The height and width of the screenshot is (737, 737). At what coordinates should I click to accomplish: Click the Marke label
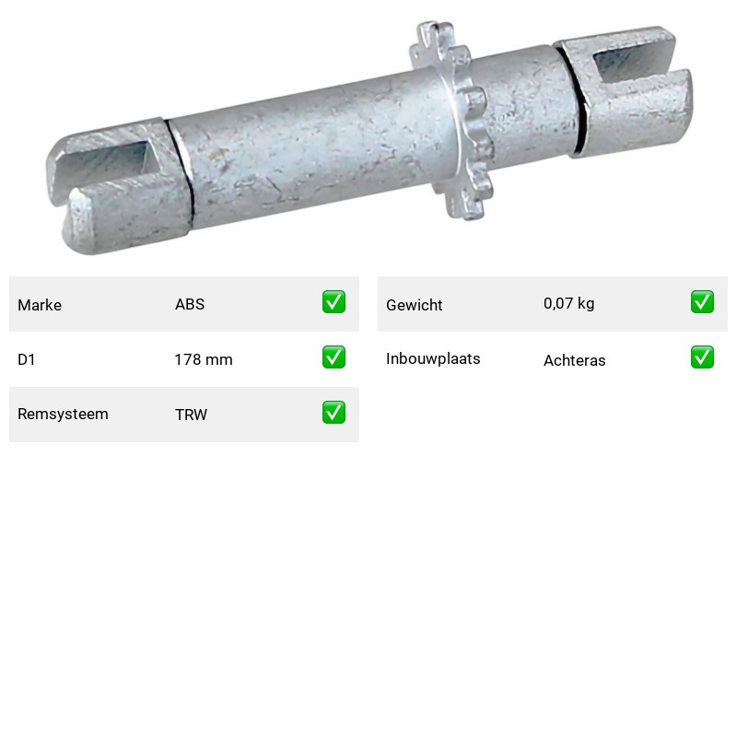click(40, 305)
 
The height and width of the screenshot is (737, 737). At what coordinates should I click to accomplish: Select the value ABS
click(190, 304)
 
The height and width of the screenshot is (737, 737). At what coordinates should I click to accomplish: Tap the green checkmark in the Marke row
click(333, 302)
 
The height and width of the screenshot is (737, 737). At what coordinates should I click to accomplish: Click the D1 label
click(27, 359)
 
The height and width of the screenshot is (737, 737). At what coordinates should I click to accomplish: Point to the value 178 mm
click(204, 359)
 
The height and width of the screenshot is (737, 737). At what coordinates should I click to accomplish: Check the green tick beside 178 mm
click(333, 357)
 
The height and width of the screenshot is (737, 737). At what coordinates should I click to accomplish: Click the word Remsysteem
click(63, 414)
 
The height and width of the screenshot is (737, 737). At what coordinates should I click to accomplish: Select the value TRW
click(192, 415)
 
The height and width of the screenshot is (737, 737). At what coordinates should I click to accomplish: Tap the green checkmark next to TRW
click(333, 412)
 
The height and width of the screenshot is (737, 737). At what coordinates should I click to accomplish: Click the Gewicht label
click(414, 305)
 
